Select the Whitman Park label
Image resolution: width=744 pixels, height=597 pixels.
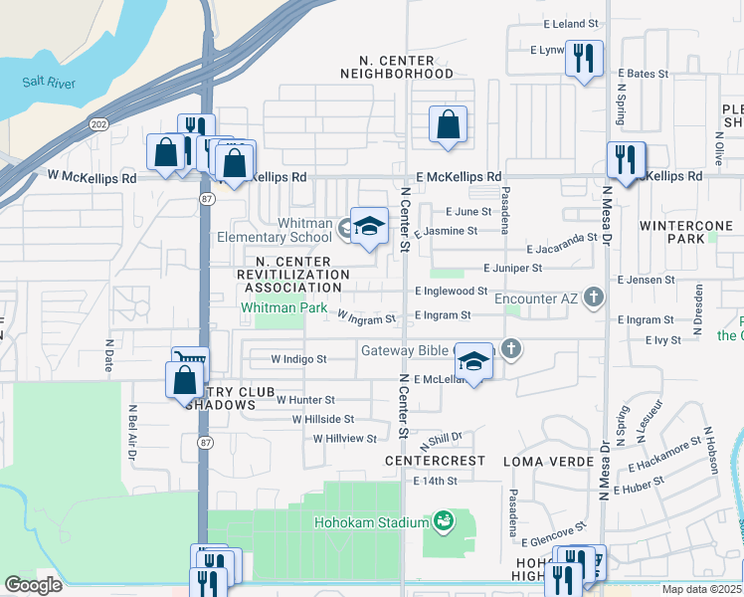point(283,308)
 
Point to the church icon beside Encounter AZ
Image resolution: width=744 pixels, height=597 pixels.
point(594,297)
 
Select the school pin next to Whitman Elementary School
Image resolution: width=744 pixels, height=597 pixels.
point(369,226)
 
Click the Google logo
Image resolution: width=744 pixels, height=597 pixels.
point(33,585)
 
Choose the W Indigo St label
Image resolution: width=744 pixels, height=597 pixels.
point(298,358)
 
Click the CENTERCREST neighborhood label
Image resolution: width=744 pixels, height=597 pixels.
point(435,462)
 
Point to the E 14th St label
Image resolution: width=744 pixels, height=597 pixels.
point(435,481)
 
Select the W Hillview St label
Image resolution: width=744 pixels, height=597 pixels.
point(345,438)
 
